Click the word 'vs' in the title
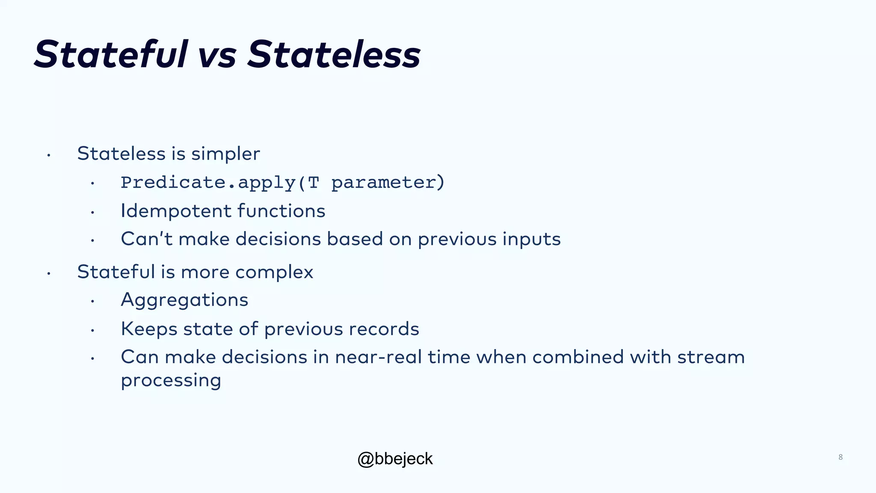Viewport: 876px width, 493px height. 217,55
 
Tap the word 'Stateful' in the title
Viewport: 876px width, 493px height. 111,54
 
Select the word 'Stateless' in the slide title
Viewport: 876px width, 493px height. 334,54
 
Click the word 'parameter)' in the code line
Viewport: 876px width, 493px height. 388,183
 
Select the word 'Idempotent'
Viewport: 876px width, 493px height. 176,211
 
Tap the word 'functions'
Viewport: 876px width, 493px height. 281,211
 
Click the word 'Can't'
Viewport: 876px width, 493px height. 146,239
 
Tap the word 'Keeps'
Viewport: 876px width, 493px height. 149,329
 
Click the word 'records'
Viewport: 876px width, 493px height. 384,329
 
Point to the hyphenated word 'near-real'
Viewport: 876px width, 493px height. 379,357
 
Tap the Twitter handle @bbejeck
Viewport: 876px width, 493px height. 395,459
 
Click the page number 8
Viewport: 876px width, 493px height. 840,457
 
